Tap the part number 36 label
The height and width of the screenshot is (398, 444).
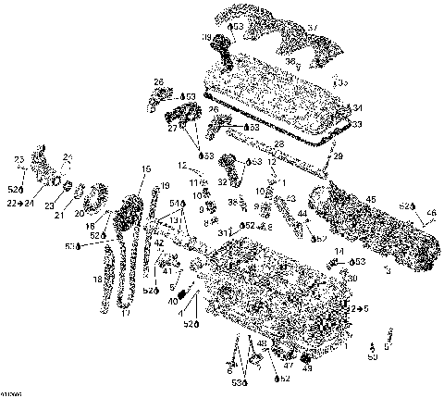tap(290, 61)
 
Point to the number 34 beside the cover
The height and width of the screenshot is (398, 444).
tap(358, 108)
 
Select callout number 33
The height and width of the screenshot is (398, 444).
tap(358, 123)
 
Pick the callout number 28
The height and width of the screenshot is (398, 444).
tap(278, 144)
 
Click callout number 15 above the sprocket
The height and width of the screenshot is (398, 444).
tap(145, 168)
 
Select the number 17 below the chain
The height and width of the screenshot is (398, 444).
tap(127, 313)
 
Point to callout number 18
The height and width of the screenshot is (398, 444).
tap(96, 279)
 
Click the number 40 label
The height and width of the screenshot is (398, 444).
tap(173, 302)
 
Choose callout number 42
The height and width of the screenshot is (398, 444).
tap(159, 243)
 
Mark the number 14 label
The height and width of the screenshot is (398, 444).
tap(339, 252)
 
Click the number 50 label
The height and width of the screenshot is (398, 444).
tap(372, 356)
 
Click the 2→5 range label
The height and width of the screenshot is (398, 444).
tap(359, 308)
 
